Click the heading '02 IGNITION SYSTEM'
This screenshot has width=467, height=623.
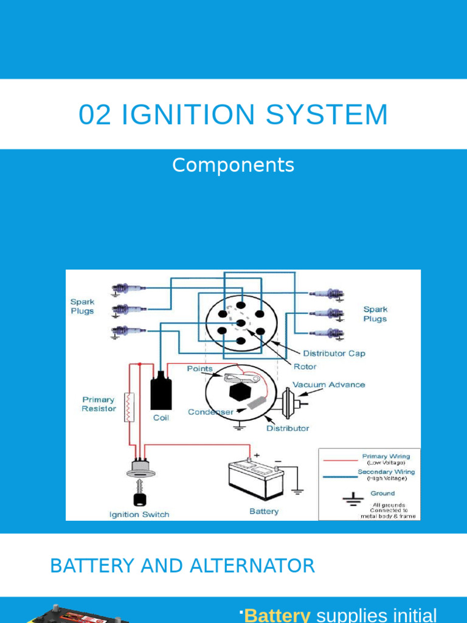tap(233, 115)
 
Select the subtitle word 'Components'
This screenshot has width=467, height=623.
tap(233, 165)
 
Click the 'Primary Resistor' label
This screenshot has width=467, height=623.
tap(99, 404)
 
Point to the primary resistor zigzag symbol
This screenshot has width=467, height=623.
tap(128, 407)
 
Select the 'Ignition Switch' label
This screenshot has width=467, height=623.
tap(139, 514)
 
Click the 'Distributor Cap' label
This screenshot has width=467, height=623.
tap(334, 353)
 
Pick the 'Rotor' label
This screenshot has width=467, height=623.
tap(305, 367)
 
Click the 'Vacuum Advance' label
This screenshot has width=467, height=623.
tap(329, 385)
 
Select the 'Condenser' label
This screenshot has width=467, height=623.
tap(210, 412)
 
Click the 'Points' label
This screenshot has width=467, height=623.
tap(199, 369)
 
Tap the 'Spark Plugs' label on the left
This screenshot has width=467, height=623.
tap(82, 306)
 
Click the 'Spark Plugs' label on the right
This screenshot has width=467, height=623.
tap(375, 314)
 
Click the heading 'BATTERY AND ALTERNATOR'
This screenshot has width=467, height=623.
tap(182, 566)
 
